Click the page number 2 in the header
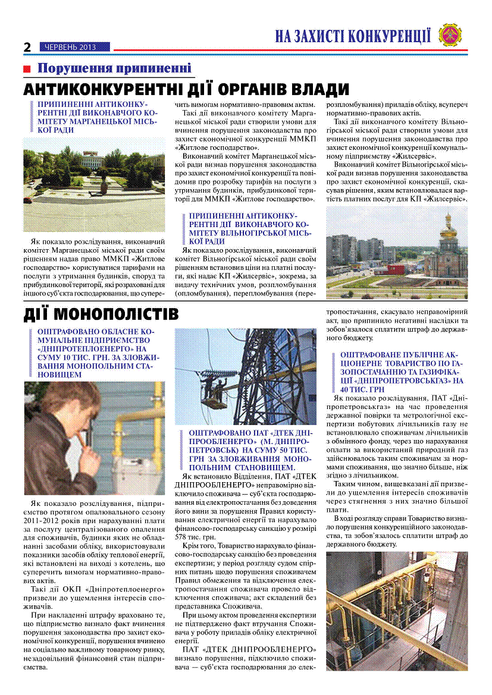[27, 47]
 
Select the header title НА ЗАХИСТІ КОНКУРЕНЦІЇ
[353, 36]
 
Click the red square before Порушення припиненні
[27, 69]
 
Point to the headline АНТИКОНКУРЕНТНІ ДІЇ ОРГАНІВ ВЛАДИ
[186, 90]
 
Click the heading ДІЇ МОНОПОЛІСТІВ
[101, 313]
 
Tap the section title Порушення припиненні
[114, 68]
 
